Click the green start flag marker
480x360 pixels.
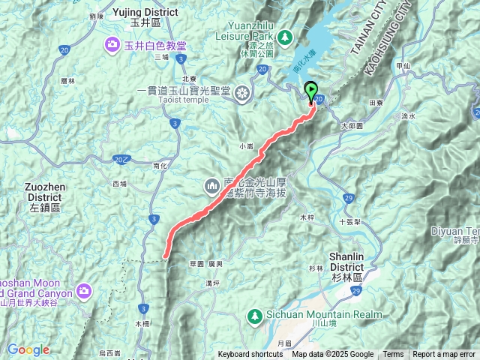click(312, 92)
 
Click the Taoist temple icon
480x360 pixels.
click(243, 93)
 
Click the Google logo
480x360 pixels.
click(28, 349)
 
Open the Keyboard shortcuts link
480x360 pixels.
click(250, 355)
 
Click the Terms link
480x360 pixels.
click(393, 355)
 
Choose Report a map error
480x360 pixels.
click(443, 355)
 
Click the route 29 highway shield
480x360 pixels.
click(349, 197)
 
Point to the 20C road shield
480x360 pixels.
click(121, 158)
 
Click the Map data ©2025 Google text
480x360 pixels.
click(332, 355)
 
